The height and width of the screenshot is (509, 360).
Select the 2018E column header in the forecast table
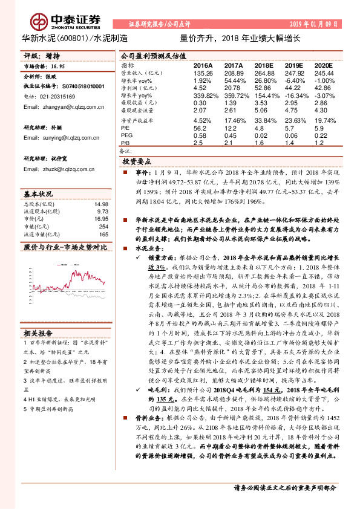[263, 65]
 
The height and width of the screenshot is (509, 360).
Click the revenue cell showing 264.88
[264, 72]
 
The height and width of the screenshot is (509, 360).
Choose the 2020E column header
[324, 65]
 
